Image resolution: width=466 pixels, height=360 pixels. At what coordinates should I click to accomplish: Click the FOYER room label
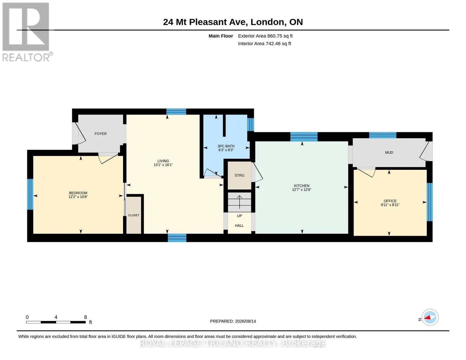[100, 133]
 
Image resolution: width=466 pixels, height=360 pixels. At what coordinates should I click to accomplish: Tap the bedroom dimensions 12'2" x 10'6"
[78, 197]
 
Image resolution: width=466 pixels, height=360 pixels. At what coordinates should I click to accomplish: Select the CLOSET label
[134, 215]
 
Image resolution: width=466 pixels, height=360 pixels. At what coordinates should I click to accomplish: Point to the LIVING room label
[163, 161]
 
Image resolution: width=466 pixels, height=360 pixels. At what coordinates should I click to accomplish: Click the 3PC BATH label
[226, 146]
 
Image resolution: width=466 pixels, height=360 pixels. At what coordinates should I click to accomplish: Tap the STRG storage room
[239, 175]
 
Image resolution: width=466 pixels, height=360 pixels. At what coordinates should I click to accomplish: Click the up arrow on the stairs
[239, 202]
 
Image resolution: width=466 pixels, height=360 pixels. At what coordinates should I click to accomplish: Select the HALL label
[239, 225]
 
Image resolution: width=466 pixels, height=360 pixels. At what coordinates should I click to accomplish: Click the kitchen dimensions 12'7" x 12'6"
[302, 190]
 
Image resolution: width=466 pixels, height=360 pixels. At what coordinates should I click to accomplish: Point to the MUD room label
[389, 152]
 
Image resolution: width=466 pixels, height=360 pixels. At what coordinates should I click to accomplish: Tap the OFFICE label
[390, 201]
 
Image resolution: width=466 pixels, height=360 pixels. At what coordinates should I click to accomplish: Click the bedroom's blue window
[30, 194]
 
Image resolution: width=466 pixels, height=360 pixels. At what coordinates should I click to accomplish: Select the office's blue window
[429, 202]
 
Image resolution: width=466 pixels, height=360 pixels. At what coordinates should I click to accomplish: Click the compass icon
[430, 317]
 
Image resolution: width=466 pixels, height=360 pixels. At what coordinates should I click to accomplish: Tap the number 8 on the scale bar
[85, 317]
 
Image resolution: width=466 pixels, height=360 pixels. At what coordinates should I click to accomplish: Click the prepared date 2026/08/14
[245, 321]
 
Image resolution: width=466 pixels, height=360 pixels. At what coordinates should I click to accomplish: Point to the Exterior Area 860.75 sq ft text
[265, 36]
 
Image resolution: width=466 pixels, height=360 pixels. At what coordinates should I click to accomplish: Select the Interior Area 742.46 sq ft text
[264, 43]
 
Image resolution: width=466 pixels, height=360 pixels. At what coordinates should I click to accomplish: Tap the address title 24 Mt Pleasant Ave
[205, 22]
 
